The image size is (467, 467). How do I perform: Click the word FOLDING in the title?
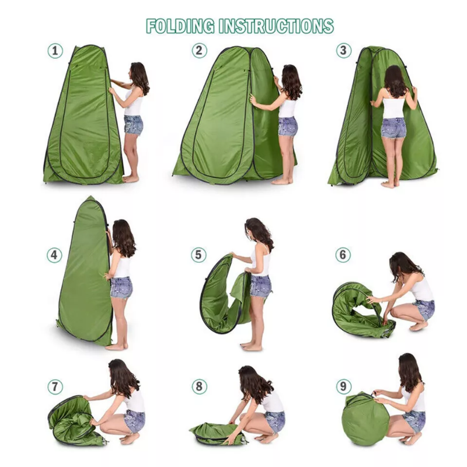(x=180, y=26)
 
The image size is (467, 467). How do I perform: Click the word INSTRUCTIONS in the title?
(x=276, y=26)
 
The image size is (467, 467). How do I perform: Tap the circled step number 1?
(x=55, y=51)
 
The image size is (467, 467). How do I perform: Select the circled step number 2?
(x=199, y=50)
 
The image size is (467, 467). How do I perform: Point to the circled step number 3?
(x=344, y=50)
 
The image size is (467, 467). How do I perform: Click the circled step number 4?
(x=54, y=255)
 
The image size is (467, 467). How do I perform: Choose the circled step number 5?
(x=198, y=255)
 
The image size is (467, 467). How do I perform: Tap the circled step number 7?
(x=55, y=387)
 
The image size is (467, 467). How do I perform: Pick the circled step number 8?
(x=199, y=386)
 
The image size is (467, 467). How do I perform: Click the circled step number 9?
(x=343, y=386)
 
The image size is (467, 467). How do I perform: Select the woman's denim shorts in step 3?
(x=393, y=128)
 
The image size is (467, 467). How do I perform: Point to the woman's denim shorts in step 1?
(x=134, y=125)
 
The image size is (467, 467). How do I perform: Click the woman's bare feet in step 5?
(x=251, y=346)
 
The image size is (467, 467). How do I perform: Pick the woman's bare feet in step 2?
(x=282, y=181)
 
